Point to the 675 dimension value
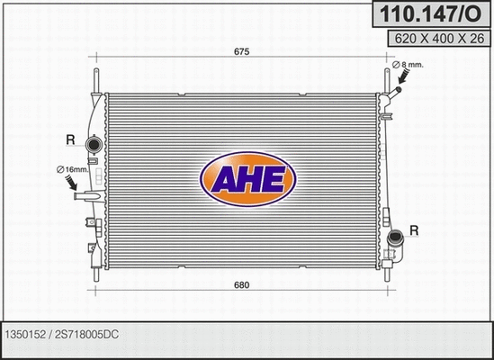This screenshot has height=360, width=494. [x=241, y=52]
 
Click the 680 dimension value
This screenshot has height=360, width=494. [x=241, y=286]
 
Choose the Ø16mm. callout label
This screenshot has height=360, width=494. [x=70, y=169]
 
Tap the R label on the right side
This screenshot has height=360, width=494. [x=414, y=231]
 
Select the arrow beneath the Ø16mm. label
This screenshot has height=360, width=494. [x=74, y=184]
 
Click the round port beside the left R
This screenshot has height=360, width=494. [x=91, y=146]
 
